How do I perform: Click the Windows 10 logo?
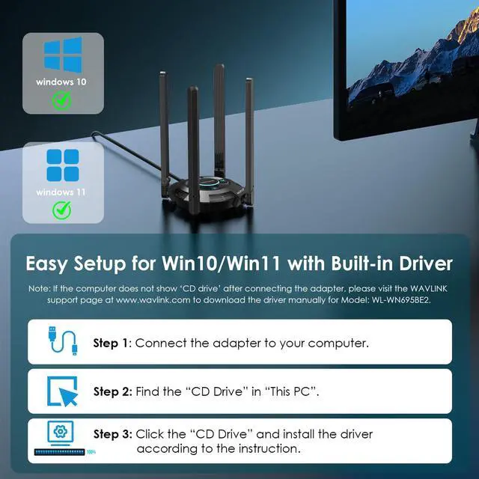[62, 55]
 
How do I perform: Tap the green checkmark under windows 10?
[62, 100]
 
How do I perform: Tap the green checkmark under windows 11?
[62, 210]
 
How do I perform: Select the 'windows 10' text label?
[61, 80]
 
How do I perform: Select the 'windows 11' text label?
[61, 192]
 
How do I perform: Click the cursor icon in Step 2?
[63, 391]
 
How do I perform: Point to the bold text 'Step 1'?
[112, 344]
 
